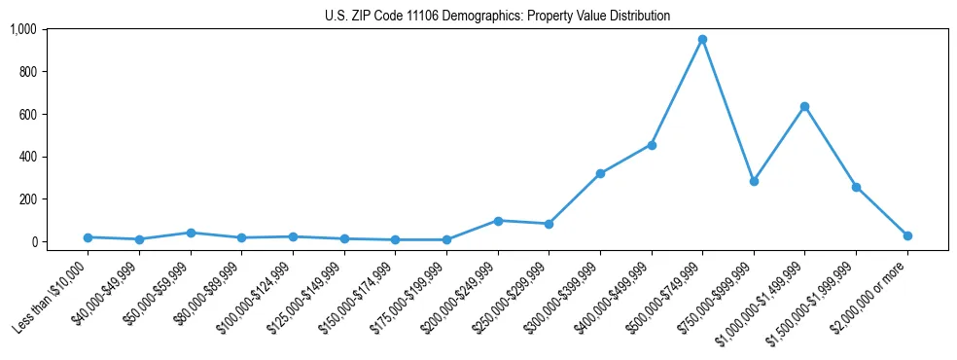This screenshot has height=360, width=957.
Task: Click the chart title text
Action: click(497, 17)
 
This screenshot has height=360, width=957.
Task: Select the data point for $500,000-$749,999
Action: click(702, 40)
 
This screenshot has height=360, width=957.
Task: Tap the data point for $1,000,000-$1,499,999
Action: click(804, 106)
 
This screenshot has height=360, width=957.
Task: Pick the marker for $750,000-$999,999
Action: click(754, 181)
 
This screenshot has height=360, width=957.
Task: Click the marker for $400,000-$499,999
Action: click(652, 145)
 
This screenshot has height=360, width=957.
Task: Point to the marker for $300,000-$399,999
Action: click(600, 173)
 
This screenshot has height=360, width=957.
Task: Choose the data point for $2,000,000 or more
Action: click(907, 235)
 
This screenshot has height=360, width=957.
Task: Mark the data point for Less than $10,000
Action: click(89, 237)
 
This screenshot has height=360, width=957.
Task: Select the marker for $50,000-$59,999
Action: click(191, 233)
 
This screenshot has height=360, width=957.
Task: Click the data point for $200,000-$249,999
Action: click(498, 221)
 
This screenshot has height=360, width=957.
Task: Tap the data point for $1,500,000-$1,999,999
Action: click(856, 187)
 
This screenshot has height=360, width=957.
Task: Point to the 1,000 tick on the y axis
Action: click(22, 29)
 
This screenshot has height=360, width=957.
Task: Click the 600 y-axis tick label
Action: click(28, 114)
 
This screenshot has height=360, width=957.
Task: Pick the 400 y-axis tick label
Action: click(28, 157)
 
